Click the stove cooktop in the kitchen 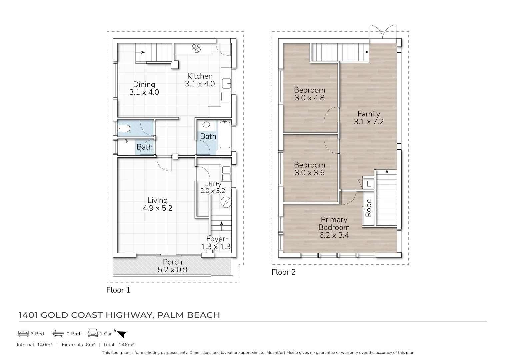197,49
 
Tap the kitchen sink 227,83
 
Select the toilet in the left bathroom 124,128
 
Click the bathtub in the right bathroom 225,135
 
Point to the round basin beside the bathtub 206,125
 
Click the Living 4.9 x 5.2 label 157,204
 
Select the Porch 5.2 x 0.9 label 172,266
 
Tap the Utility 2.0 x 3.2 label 212,187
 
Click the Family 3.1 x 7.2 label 369,118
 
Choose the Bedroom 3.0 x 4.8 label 309,94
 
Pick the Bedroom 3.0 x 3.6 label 309,169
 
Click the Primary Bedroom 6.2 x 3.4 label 334,227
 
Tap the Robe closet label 368,208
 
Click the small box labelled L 368,184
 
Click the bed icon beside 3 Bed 23,333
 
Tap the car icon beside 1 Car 93,333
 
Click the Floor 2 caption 283,272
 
